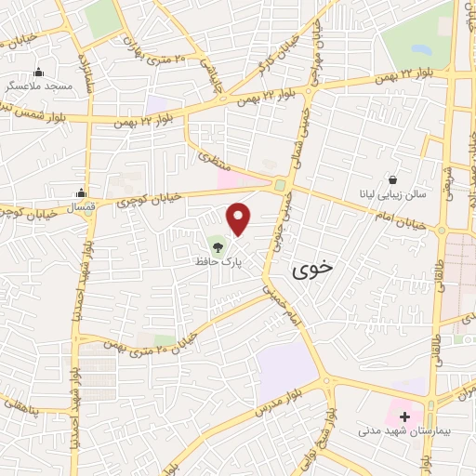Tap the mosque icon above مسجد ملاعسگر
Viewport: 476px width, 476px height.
[38, 72]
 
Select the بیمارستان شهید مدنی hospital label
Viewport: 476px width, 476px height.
[404, 431]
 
